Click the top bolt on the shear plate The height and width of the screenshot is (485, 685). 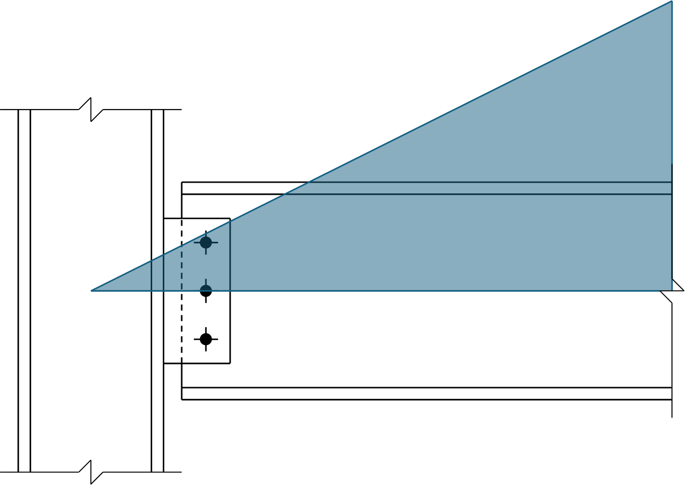pyautogui.click(x=206, y=242)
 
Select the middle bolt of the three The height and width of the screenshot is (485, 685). pyautogui.click(x=206, y=291)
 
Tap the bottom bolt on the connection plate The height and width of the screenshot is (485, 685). pyautogui.click(x=206, y=339)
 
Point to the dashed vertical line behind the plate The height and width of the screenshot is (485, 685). pyautogui.click(x=182, y=315)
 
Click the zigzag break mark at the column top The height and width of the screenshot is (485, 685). pyautogui.click(x=91, y=110)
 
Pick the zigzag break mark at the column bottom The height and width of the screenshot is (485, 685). pyautogui.click(x=91, y=472)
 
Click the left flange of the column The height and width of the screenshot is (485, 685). pyautogui.click(x=24, y=291)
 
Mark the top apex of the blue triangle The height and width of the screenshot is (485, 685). pyautogui.click(x=671, y=1)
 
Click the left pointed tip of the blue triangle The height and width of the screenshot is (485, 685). pyautogui.click(x=92, y=290)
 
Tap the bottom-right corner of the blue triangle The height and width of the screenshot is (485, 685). pyautogui.click(x=671, y=290)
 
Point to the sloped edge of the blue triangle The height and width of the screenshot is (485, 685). pyautogui.click(x=382, y=146)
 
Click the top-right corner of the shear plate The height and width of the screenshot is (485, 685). pyautogui.click(x=230, y=219)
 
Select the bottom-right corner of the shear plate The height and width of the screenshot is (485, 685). pyautogui.click(x=230, y=363)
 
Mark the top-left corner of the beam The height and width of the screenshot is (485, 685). pyautogui.click(x=182, y=182)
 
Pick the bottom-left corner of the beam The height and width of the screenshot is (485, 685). pyautogui.click(x=182, y=399)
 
